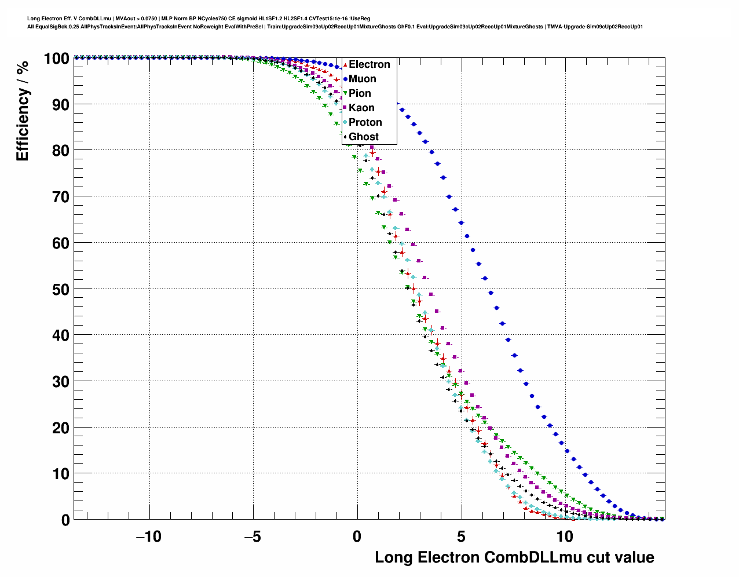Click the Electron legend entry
369,64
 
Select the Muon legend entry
362,79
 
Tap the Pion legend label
360,93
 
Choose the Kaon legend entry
361,108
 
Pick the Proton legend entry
365,122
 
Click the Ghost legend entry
363,137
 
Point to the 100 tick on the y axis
56,59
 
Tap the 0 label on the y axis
65,520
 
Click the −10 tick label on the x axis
149,536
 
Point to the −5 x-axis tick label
253,536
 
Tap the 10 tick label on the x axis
565,536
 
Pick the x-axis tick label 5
461,536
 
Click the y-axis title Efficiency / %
23,111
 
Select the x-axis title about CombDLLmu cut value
514,557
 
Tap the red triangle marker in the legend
345,65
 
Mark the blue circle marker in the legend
345,79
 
